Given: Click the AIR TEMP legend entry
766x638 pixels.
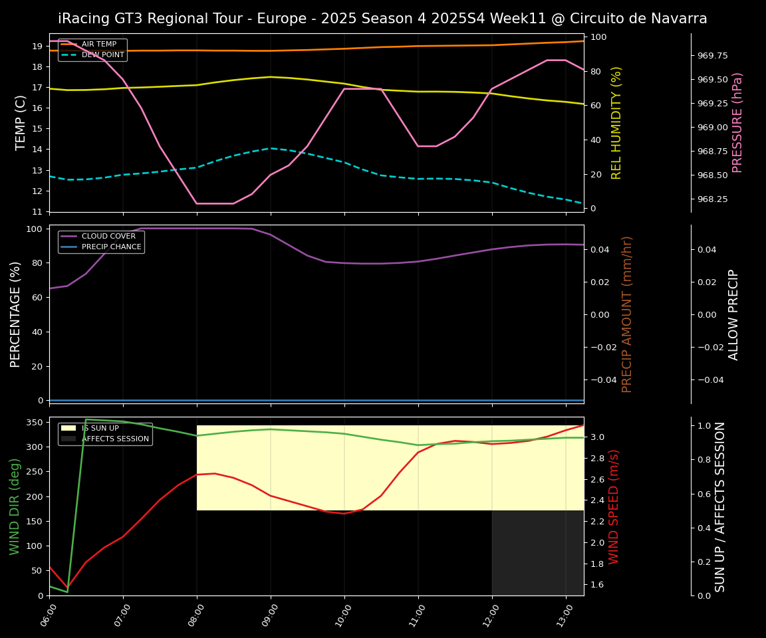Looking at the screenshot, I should click(x=98, y=45).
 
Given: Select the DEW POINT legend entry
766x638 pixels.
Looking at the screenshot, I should click(x=102, y=55).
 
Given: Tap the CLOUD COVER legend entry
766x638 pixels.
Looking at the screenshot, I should click(x=108, y=236).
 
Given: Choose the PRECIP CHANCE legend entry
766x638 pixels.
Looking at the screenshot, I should click(x=111, y=247).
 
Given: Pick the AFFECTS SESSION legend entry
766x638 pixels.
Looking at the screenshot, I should click(x=115, y=439).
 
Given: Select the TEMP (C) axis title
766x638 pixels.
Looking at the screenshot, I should click(x=21, y=122).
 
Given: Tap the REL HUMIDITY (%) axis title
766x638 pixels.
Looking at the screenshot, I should click(x=616, y=122).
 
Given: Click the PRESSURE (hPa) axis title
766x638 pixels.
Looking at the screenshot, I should click(x=737, y=122).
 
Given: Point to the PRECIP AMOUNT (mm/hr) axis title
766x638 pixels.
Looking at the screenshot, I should click(x=627, y=314).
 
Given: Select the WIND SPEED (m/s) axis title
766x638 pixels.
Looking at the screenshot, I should click(x=614, y=506).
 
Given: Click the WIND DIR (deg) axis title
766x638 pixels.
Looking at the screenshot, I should click(x=15, y=506).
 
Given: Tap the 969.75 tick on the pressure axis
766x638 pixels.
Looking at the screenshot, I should click(x=712, y=56).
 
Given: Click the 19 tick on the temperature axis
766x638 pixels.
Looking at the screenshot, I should click(x=37, y=47).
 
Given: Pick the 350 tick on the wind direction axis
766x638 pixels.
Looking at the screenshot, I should click(x=34, y=422).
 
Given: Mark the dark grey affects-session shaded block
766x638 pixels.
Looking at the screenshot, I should click(x=537, y=553).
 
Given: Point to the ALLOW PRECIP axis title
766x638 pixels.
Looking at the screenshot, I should click(x=733, y=314).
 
